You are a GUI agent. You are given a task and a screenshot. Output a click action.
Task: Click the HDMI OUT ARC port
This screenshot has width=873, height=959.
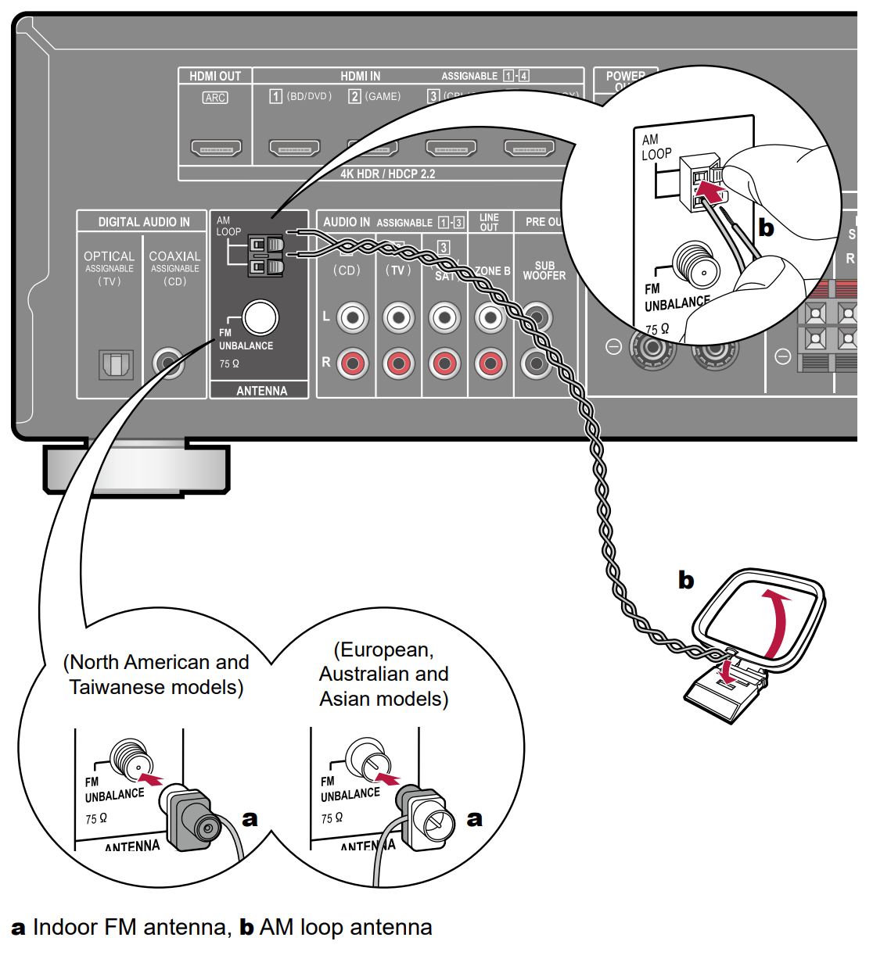pyautogui.click(x=216, y=147)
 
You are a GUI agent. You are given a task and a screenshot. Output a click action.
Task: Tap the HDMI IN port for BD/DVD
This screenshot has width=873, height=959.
pyautogui.click(x=294, y=147)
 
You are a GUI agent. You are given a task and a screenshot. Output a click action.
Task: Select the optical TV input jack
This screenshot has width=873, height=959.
pyautogui.click(x=116, y=364)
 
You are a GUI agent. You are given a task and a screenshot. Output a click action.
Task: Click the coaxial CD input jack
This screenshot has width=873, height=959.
pyautogui.click(x=168, y=363)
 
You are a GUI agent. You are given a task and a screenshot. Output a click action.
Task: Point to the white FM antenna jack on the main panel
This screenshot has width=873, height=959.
pyautogui.click(x=260, y=317)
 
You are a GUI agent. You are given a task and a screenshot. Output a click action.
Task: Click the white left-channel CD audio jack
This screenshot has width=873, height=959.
pyautogui.click(x=353, y=317)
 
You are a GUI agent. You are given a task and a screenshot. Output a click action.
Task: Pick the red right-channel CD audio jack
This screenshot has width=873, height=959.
pyautogui.click(x=353, y=363)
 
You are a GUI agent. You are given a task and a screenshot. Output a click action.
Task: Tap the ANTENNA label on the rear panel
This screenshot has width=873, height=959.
pyautogui.click(x=261, y=391)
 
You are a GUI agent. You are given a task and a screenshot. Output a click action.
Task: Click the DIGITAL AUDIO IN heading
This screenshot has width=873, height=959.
pyautogui.click(x=144, y=222)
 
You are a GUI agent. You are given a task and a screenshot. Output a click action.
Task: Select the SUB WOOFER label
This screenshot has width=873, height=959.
pyautogui.click(x=544, y=270)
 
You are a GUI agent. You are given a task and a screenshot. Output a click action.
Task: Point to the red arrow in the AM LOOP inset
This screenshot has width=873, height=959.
pyautogui.click(x=710, y=189)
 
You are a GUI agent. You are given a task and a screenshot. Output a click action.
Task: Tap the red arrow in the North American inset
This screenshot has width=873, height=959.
pyautogui.click(x=150, y=778)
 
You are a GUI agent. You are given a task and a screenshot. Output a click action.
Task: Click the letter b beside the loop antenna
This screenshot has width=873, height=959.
pyautogui.click(x=686, y=580)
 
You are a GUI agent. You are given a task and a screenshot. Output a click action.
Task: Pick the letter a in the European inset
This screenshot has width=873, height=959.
pyautogui.click(x=474, y=818)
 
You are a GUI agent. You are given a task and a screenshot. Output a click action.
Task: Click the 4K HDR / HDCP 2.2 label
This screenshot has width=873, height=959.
pyautogui.click(x=387, y=174)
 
